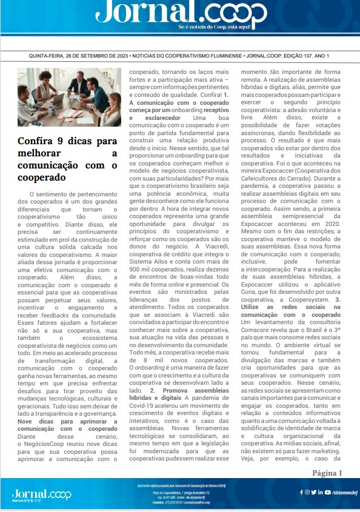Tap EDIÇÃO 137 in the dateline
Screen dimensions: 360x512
293,56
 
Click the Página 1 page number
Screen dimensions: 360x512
327,473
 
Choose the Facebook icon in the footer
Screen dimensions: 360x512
301,492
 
